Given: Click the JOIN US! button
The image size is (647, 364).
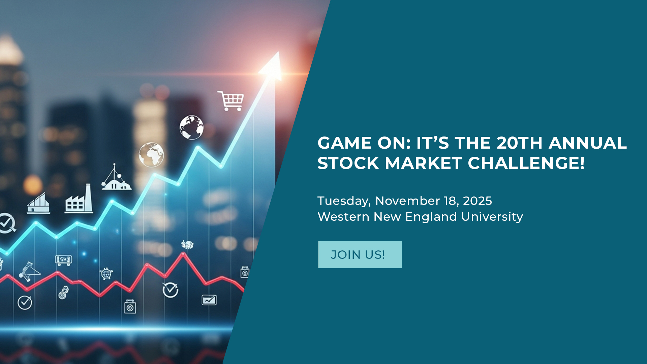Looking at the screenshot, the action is click(360, 254).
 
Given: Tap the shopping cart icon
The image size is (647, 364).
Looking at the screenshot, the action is click(231, 100).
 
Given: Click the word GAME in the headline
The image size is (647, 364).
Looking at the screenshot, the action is click(344, 143).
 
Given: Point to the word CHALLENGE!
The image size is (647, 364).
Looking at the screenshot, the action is click(526, 163).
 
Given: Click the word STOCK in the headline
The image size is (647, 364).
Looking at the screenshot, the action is click(348, 163).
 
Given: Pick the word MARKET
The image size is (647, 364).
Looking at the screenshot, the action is click(424, 163).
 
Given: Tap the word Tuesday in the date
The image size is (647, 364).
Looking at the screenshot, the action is click(344, 201).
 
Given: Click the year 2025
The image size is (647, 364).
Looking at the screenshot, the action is click(477, 201).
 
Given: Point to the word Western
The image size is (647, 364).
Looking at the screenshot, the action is click(343, 217).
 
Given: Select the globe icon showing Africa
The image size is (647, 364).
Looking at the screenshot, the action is click(151, 155).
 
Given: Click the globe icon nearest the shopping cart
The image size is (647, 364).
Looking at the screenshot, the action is click(191, 127).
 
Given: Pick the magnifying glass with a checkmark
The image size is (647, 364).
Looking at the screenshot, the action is click(7, 223).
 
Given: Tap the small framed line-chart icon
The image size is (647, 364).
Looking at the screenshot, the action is click(209, 300).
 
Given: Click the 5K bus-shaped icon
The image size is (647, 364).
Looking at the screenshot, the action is click(63, 260).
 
